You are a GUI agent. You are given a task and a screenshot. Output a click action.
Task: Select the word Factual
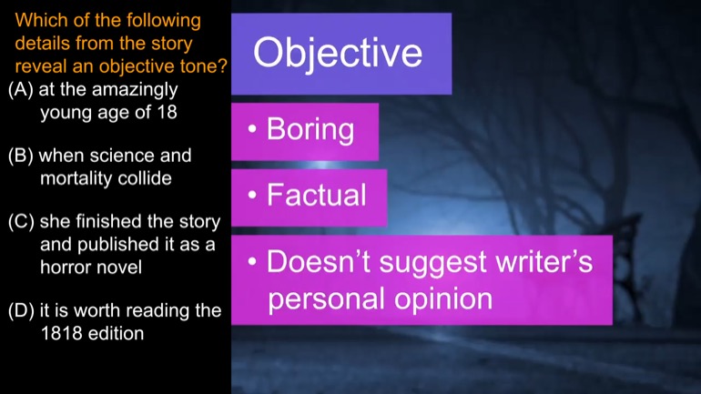click(317, 196)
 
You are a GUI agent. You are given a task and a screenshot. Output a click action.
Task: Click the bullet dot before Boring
click(252, 129)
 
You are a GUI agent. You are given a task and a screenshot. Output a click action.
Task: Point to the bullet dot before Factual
click(252, 196)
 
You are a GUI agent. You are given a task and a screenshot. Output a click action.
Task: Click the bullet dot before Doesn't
click(252, 261)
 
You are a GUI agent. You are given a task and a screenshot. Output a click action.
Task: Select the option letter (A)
click(21, 90)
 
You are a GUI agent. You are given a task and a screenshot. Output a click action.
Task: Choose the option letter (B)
click(21, 156)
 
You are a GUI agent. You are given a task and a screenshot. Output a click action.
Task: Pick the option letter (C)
click(21, 222)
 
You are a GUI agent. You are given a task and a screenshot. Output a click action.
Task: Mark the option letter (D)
click(21, 311)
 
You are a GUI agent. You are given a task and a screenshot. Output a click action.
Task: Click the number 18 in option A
click(167, 112)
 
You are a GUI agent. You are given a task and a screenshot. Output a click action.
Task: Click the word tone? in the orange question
click(204, 66)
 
